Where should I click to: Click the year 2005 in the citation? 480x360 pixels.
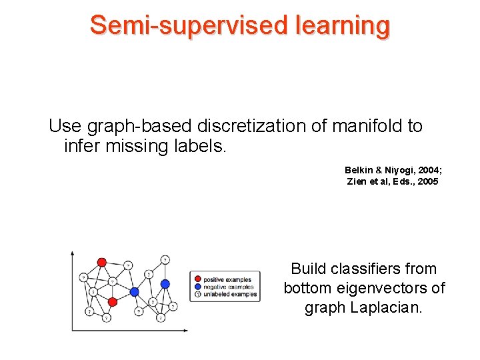(427, 181)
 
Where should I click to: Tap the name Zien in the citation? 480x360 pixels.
(357, 181)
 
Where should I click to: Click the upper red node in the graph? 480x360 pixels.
(101, 263)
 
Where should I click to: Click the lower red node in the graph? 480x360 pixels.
(112, 302)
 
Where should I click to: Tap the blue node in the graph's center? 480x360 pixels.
(134, 291)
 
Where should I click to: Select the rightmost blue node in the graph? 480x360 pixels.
(165, 284)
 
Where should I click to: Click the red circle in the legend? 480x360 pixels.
(197, 279)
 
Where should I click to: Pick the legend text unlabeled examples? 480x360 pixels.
(229, 294)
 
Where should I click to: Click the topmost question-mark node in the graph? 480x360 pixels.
(165, 259)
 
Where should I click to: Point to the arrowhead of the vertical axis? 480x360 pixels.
(73, 254)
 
